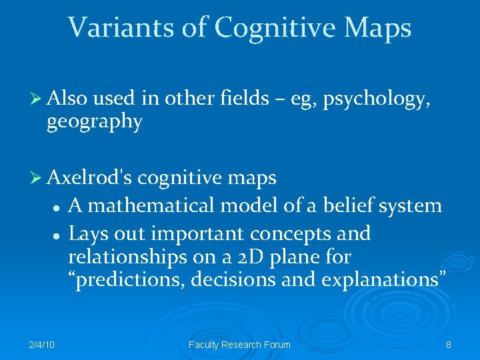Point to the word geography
[94, 122]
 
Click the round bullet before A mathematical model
[58, 207]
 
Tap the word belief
[350, 206]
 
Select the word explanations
[383, 280]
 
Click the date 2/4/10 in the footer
[41, 345]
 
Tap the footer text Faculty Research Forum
[240, 345]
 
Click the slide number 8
[448, 345]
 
